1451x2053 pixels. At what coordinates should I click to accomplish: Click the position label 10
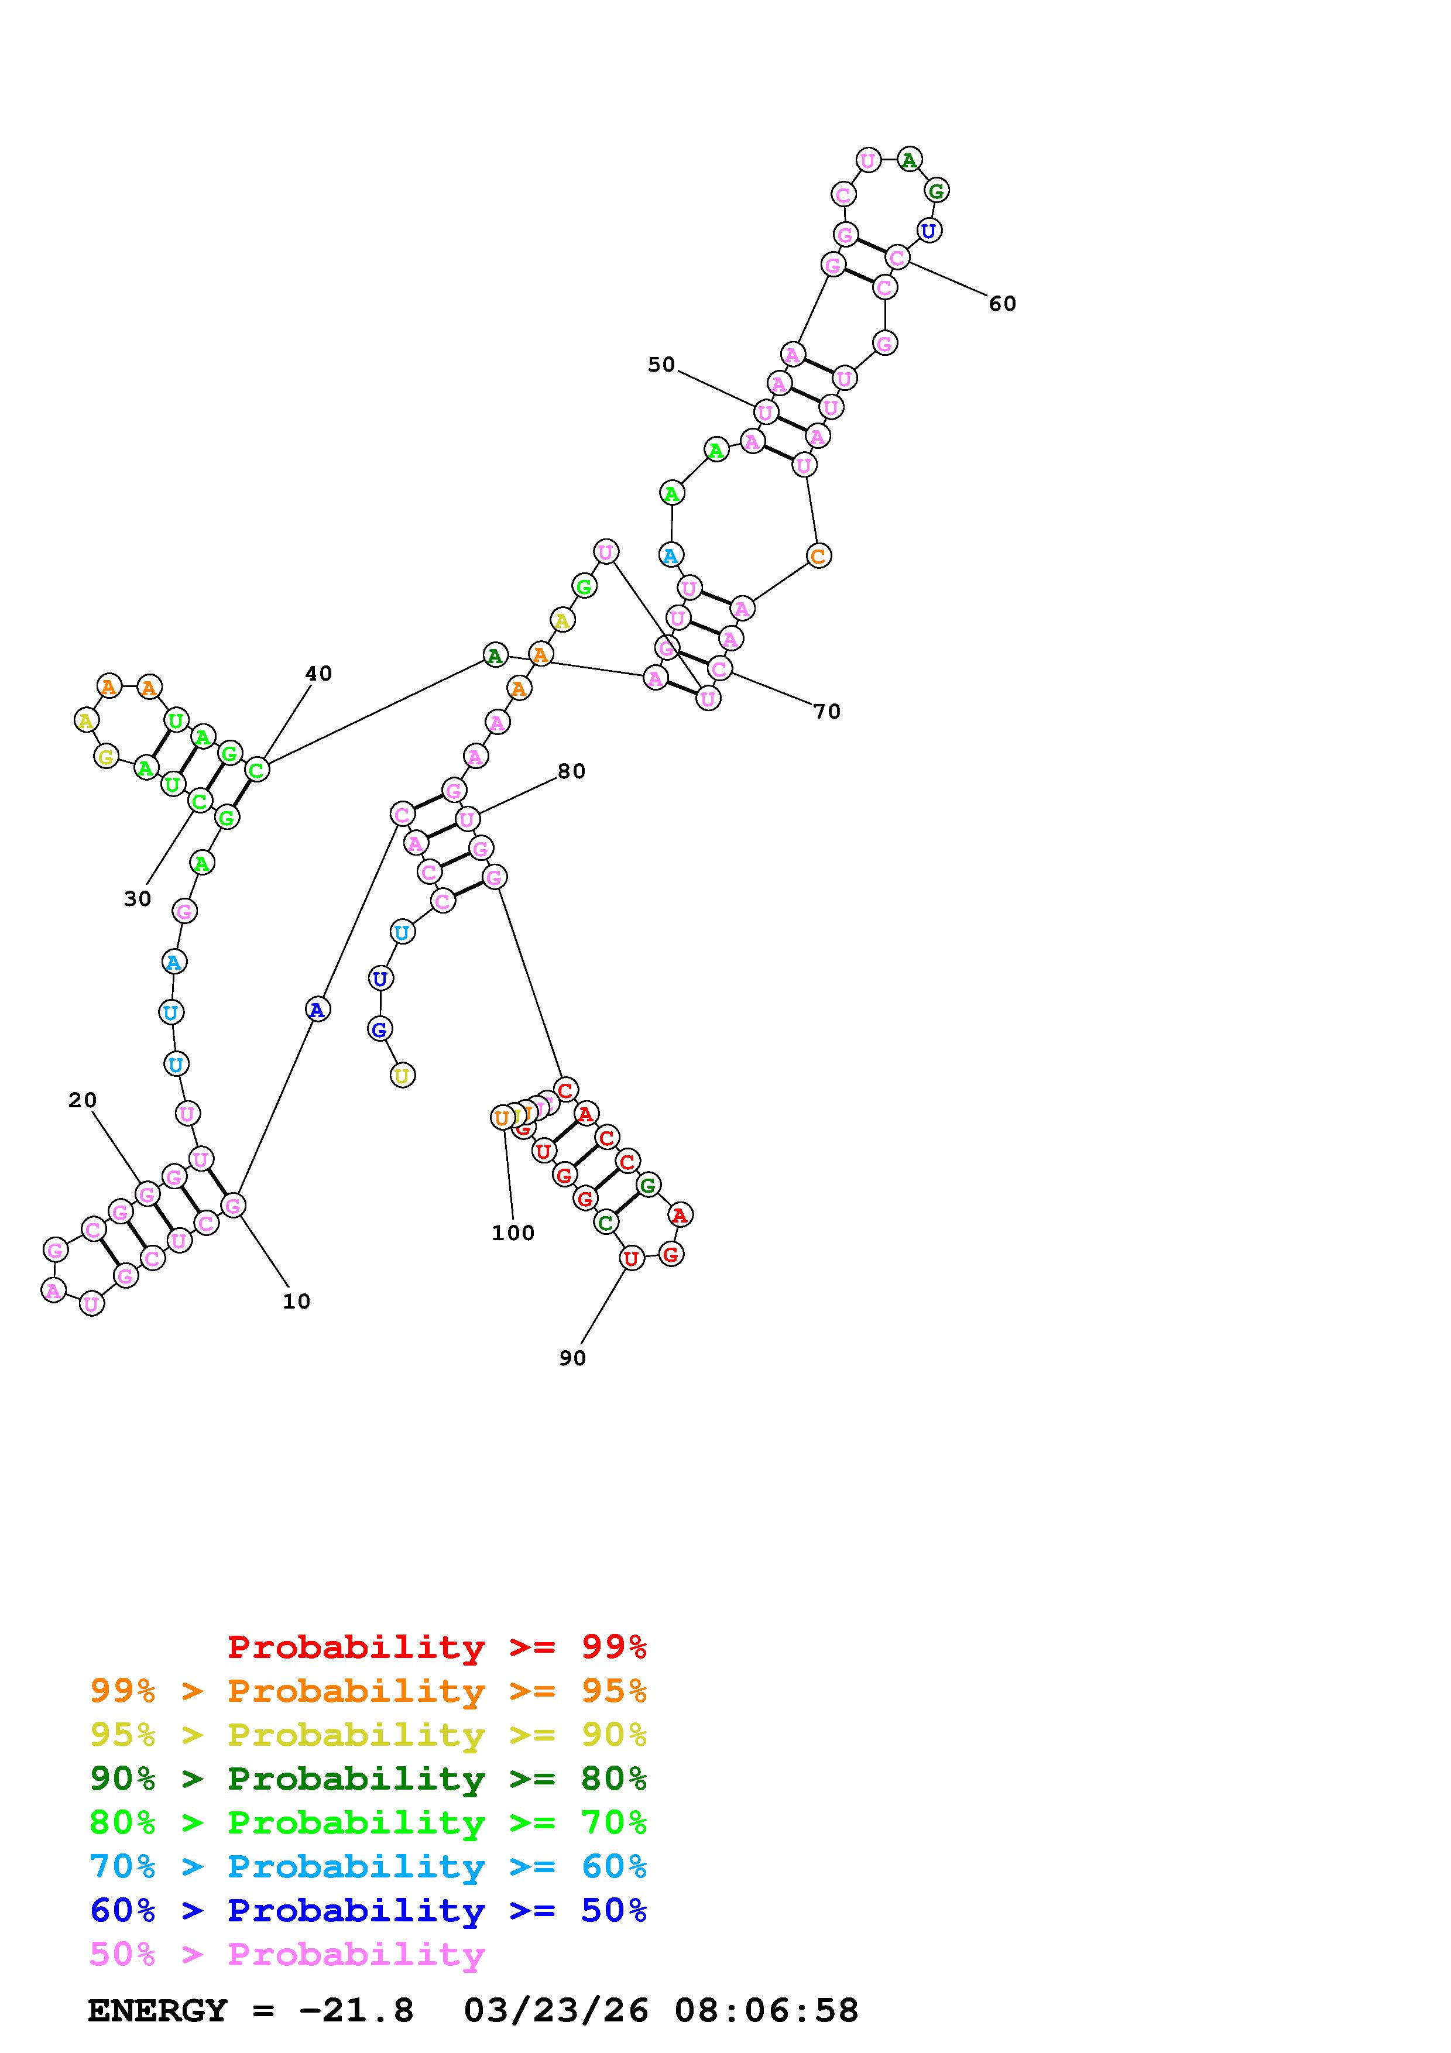click(296, 1302)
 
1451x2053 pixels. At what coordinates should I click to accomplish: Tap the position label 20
click(83, 1100)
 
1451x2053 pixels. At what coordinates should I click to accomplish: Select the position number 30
click(138, 899)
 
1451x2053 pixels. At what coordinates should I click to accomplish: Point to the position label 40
click(318, 673)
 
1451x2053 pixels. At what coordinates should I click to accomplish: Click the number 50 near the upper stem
click(661, 364)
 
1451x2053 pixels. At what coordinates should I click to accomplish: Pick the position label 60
click(1002, 304)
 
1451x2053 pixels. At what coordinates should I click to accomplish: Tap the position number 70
click(827, 712)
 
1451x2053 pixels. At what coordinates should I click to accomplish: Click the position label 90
click(572, 1358)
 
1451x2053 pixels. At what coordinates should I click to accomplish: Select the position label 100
click(513, 1233)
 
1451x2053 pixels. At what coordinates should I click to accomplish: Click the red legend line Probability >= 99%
click(437, 1646)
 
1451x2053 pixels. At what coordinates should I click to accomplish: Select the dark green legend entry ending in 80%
click(368, 1779)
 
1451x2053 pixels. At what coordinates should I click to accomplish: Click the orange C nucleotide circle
click(819, 555)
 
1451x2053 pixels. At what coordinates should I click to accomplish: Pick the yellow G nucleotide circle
click(107, 757)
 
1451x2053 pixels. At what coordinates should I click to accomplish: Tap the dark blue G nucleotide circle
click(380, 1029)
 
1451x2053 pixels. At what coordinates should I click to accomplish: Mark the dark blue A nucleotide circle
click(317, 1010)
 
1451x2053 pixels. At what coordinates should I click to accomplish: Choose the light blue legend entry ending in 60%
click(368, 1866)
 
